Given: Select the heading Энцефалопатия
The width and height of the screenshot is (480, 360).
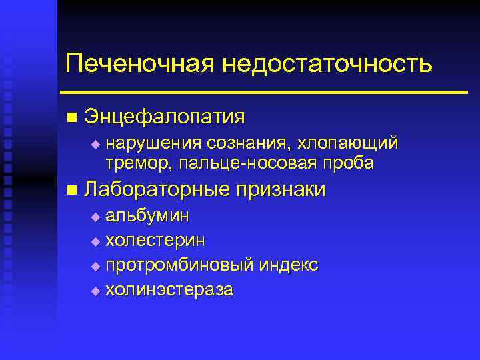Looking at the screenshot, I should tap(165, 117).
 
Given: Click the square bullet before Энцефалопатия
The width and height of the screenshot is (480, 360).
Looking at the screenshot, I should tap(71, 118).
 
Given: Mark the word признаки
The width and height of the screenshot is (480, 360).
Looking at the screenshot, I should tap(280, 190).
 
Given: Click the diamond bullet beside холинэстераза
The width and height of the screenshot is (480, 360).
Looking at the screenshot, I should tap(95, 291).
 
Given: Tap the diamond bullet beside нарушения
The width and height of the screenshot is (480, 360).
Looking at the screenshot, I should tap(95, 143).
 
